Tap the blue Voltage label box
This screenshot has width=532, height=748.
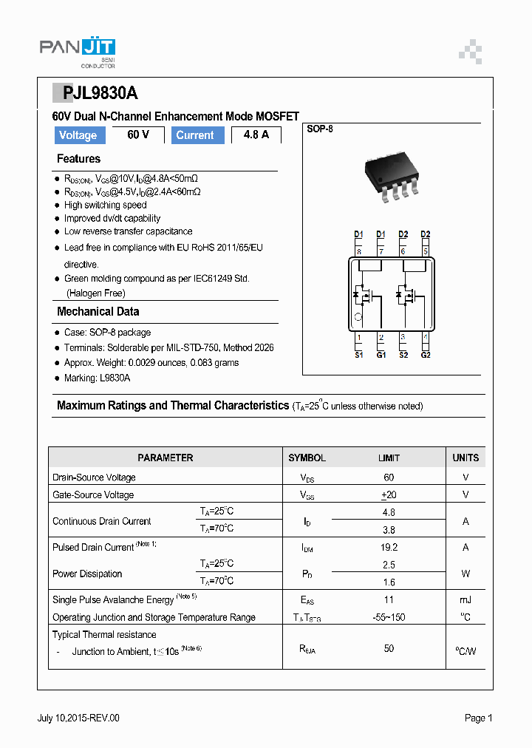pyautogui.click(x=78, y=135)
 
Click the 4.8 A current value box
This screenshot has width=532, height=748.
pyautogui.click(x=256, y=135)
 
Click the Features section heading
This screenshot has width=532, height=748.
pyautogui.click(x=78, y=159)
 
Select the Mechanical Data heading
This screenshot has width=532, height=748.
pyautogui.click(x=98, y=312)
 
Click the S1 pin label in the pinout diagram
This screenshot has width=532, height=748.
pyautogui.click(x=358, y=355)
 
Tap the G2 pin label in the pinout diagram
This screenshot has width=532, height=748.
pyautogui.click(x=426, y=355)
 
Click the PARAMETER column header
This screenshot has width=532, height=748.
pyautogui.click(x=166, y=458)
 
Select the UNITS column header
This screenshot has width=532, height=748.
pyautogui.click(x=465, y=458)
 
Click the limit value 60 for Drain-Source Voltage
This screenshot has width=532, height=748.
pyautogui.click(x=389, y=477)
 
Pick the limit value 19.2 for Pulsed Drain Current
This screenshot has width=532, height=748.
pyautogui.click(x=389, y=548)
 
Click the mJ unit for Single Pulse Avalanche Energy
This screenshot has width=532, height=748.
pyautogui.click(x=465, y=599)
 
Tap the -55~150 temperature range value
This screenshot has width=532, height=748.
pyautogui.click(x=389, y=617)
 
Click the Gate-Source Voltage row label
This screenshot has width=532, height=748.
pyautogui.click(x=93, y=494)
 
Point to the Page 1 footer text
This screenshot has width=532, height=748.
pyautogui.click(x=478, y=718)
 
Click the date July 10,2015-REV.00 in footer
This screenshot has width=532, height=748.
pyautogui.click(x=78, y=718)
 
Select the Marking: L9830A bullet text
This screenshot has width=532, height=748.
pyautogui.click(x=97, y=378)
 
